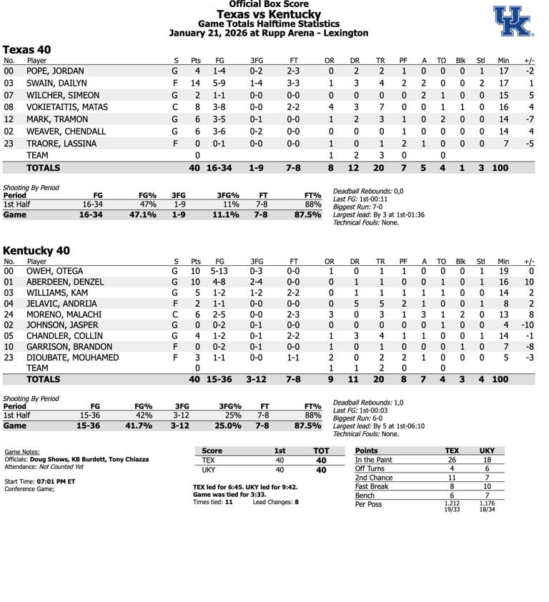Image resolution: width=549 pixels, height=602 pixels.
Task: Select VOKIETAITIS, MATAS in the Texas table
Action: (67, 107)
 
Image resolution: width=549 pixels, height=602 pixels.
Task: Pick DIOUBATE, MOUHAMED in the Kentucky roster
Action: (72, 357)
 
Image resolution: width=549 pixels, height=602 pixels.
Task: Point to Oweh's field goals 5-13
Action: (219, 272)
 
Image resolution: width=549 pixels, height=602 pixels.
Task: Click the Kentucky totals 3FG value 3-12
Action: (257, 380)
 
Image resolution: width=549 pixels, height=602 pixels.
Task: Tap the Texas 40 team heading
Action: (27, 49)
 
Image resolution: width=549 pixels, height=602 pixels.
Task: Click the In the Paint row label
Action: (374, 460)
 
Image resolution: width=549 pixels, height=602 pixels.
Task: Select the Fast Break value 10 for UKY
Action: (486, 486)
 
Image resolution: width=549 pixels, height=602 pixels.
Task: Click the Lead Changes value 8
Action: (296, 502)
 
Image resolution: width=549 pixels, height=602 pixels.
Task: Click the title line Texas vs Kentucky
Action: (269, 14)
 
